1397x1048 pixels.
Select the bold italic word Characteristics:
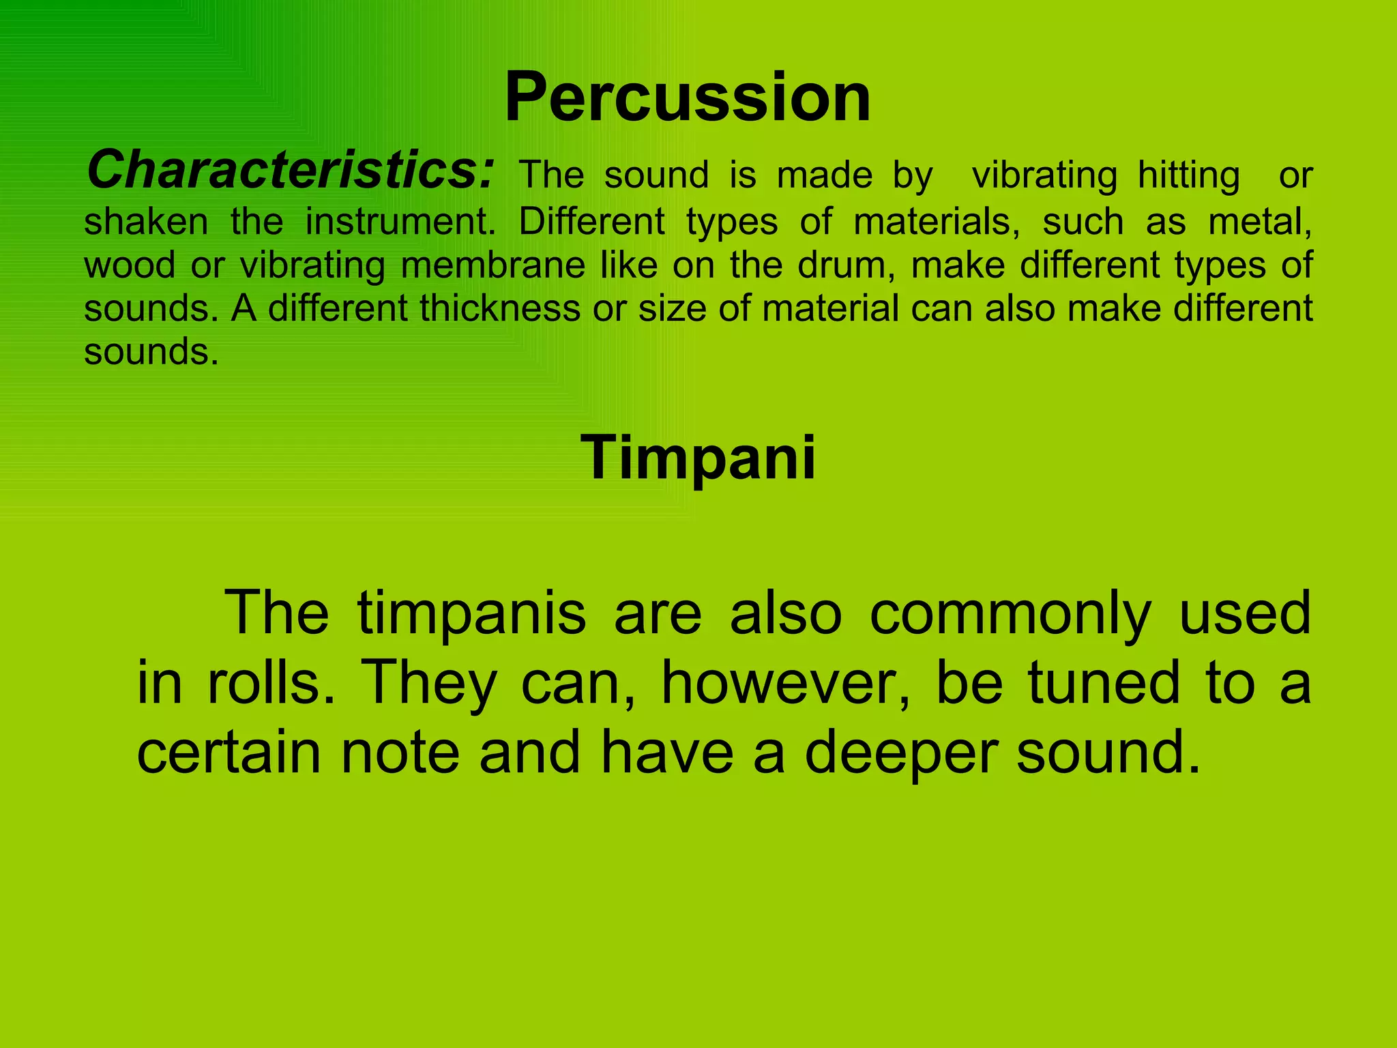pos(290,170)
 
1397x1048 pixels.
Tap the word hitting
pos(1188,175)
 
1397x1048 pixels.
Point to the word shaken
pos(146,222)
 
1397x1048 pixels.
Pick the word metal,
pos(1260,222)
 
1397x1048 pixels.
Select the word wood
pos(130,265)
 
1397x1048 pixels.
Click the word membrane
pos(492,265)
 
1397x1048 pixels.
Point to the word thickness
pos(499,308)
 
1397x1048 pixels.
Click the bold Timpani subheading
pos(698,458)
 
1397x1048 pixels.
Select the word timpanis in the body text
pos(471,613)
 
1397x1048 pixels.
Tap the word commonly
pos(1010,613)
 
